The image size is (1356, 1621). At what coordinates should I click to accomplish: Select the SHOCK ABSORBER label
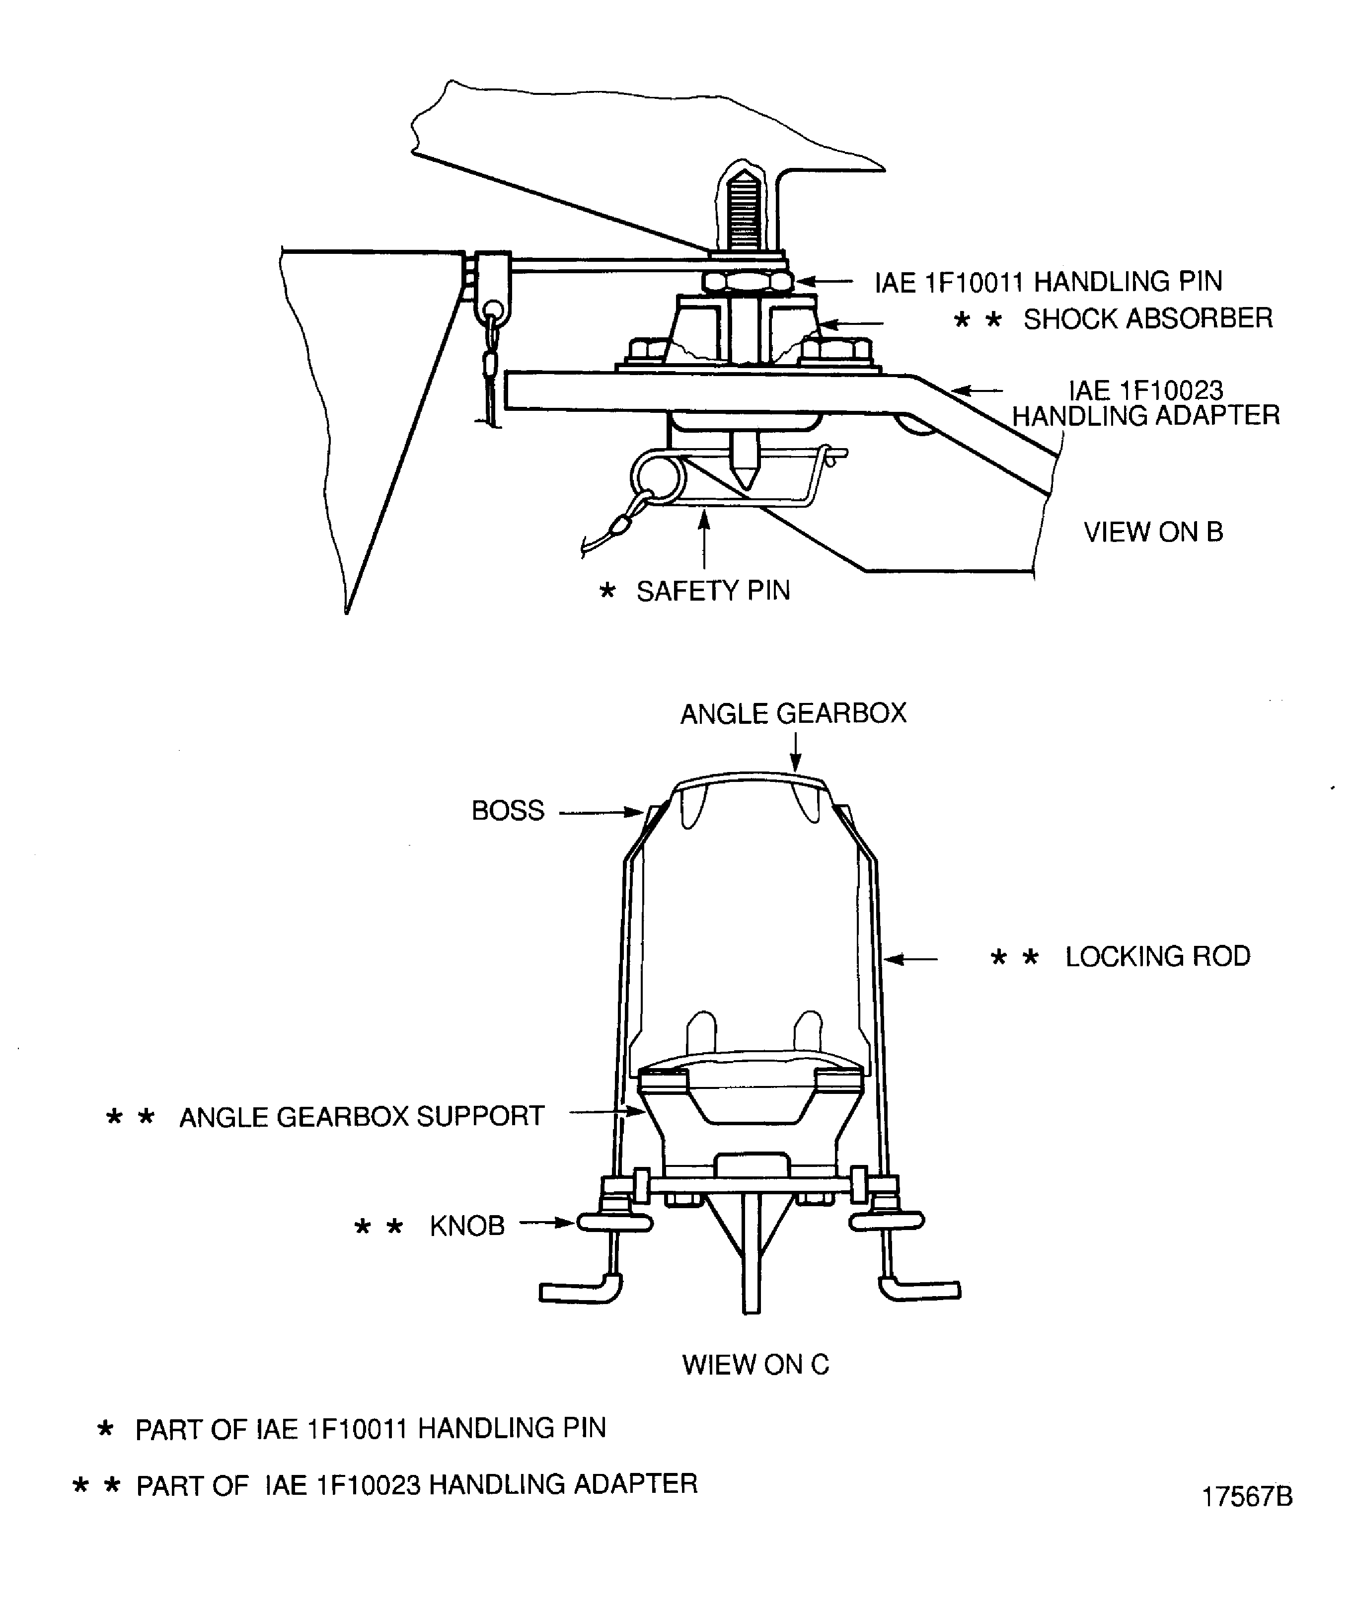pyautogui.click(x=1147, y=319)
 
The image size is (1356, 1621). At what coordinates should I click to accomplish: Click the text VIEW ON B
pyautogui.click(x=1153, y=533)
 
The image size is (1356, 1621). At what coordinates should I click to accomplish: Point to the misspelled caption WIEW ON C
pyautogui.click(x=755, y=1365)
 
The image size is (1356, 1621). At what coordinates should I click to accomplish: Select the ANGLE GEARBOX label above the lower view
pyautogui.click(x=793, y=714)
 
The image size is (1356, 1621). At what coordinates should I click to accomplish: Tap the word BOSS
pyautogui.click(x=508, y=811)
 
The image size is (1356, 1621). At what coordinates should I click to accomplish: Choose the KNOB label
pyautogui.click(x=467, y=1226)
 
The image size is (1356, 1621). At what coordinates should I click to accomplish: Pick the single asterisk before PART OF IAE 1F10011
pyautogui.click(x=105, y=1429)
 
